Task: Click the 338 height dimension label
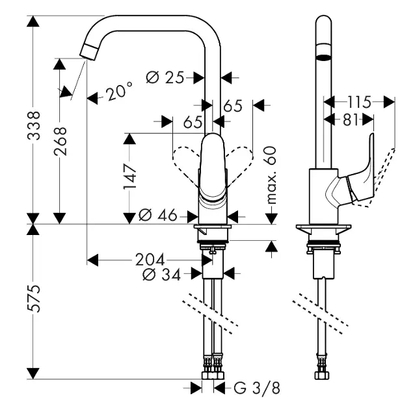point(34,126)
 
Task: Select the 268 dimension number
point(60,141)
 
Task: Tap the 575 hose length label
point(34,299)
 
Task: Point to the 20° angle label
point(119,91)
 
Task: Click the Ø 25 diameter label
point(165,78)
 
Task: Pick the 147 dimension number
point(130,176)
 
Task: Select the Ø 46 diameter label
point(158,215)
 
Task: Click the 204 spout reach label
point(150,260)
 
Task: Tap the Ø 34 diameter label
point(162,275)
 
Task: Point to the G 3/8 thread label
point(257,388)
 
